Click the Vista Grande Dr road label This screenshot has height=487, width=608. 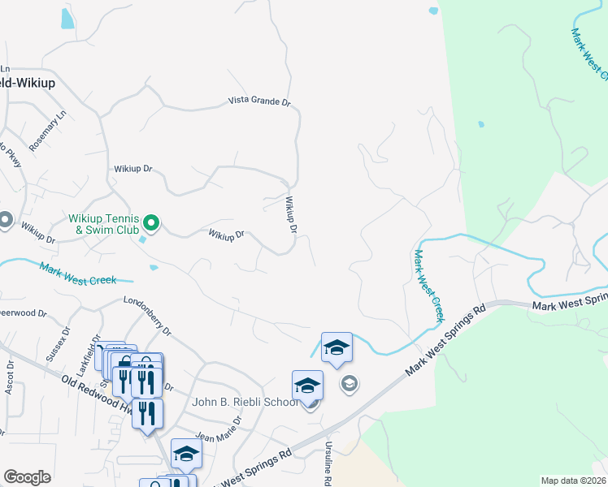[259, 101]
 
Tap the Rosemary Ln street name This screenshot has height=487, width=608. [46, 131]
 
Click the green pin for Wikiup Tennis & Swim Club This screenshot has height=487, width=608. [150, 222]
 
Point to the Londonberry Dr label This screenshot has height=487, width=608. [147, 316]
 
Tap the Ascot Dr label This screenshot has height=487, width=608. [11, 377]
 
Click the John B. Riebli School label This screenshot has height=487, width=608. [244, 402]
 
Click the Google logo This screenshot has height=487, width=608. [27, 477]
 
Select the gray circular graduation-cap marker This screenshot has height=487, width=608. [350, 383]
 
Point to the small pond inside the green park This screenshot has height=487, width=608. [481, 124]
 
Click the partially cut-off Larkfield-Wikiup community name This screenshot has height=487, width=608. [20, 82]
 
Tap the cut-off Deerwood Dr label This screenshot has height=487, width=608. [15, 312]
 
